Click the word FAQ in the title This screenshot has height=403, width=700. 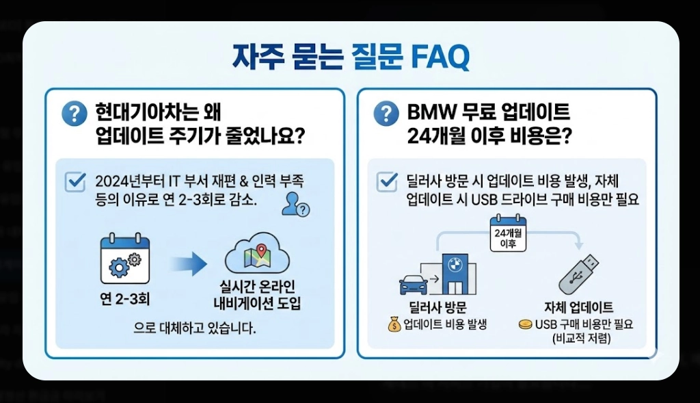[x=440, y=57]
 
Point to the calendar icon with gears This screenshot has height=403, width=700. [x=124, y=260]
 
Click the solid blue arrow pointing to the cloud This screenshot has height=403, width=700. [x=188, y=263]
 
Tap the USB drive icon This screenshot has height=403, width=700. [x=578, y=274]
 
